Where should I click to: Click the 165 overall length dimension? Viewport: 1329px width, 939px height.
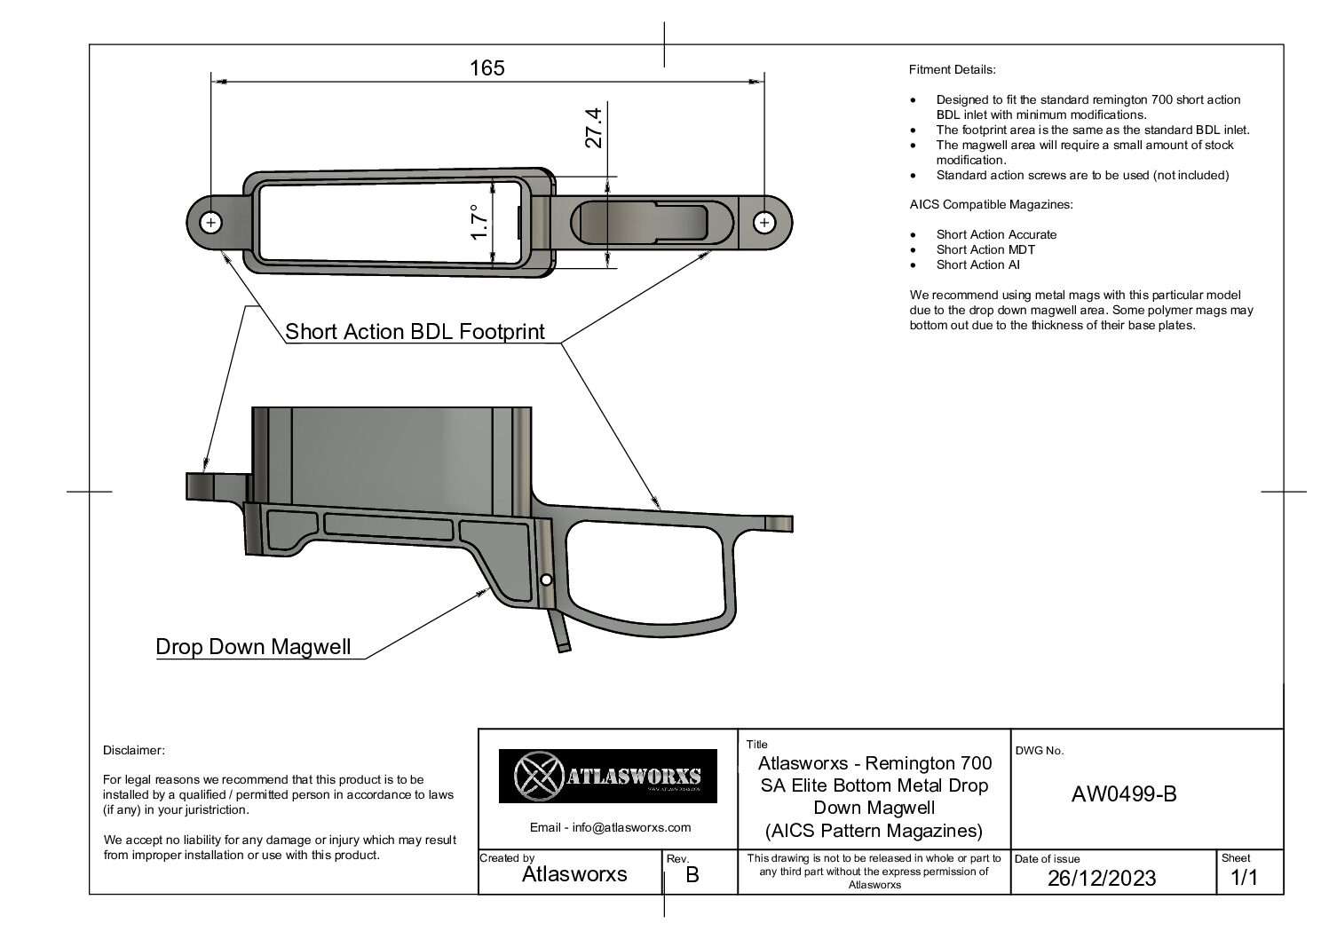pos(487,68)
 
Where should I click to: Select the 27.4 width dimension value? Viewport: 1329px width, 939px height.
pos(594,128)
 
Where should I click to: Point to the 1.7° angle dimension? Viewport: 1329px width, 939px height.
pos(479,223)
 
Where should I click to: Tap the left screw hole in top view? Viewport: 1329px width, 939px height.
pos(210,223)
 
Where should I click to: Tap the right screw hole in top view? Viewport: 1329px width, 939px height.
pos(764,223)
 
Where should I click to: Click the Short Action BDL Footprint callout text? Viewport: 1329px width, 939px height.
pos(415,332)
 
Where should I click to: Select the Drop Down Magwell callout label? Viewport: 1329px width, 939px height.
pos(253,647)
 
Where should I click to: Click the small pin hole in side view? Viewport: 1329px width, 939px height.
pos(547,580)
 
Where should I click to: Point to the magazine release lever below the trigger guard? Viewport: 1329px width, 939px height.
pos(561,632)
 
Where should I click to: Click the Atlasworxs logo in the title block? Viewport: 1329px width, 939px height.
pos(607,776)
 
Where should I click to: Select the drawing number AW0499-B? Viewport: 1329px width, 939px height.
pos(1124,794)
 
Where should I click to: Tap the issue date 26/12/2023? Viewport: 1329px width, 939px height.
pos(1102,879)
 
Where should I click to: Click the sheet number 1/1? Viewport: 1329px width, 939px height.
pos(1244,877)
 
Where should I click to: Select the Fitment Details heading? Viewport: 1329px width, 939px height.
pos(953,70)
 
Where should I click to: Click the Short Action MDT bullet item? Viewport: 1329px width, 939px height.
pos(985,249)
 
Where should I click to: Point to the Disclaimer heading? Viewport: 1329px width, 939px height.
pos(133,750)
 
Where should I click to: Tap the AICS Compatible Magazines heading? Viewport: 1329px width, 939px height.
pos(992,205)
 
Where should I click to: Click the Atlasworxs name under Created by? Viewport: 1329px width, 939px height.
pos(574,874)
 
